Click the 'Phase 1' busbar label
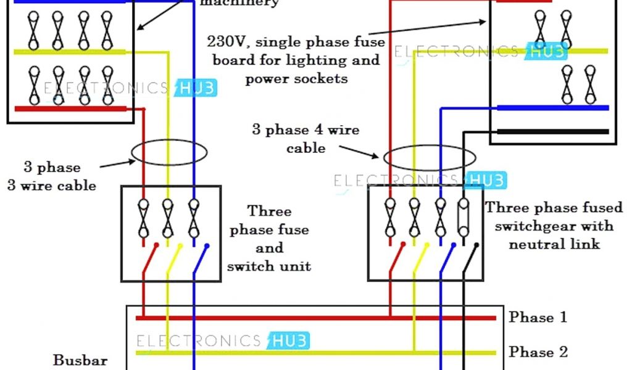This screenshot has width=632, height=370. (x=537, y=318)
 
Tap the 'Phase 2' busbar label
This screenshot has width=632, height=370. (x=537, y=352)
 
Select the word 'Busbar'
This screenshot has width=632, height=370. (x=80, y=361)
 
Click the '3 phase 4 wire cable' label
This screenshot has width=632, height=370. (x=305, y=139)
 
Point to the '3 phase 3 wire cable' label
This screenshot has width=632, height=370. (x=52, y=176)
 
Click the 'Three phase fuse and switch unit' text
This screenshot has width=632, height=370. (x=269, y=239)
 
